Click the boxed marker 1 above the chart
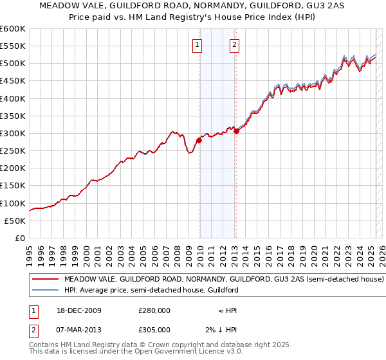[196, 44]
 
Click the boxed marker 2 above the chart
[234, 44]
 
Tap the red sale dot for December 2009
[199, 140]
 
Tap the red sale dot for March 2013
[236, 131]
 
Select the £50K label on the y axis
[15, 221]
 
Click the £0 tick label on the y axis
[20, 238]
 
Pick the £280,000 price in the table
[154, 310]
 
